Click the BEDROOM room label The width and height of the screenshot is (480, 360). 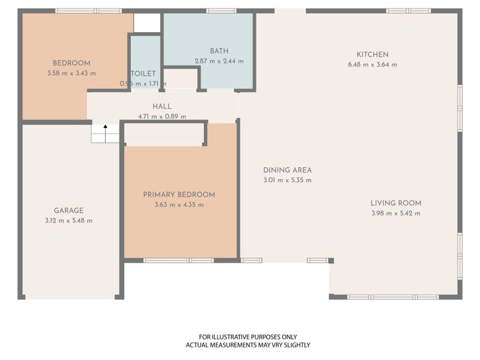(71, 63)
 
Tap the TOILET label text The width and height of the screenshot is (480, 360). (143, 73)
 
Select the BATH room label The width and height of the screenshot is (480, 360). (219, 51)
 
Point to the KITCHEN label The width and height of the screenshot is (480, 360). (373, 55)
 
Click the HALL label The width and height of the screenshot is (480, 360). (162, 106)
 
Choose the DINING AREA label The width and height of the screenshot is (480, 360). (287, 170)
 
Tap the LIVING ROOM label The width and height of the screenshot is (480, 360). (396, 203)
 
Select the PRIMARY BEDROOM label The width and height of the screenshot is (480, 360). (179, 194)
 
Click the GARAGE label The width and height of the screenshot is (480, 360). (68, 211)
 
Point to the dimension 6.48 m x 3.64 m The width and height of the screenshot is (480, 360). (373, 65)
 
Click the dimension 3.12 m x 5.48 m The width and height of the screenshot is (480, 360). (68, 220)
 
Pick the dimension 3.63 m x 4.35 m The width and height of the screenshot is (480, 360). (179, 205)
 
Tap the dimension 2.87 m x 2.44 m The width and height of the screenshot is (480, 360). (219, 61)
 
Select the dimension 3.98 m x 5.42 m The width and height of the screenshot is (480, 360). (396, 213)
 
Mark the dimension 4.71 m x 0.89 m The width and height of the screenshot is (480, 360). (162, 116)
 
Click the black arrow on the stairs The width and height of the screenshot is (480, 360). (106, 133)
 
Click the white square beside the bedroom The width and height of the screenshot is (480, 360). (147, 23)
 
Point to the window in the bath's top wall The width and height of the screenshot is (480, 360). (221, 11)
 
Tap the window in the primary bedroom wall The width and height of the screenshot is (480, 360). (179, 260)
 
